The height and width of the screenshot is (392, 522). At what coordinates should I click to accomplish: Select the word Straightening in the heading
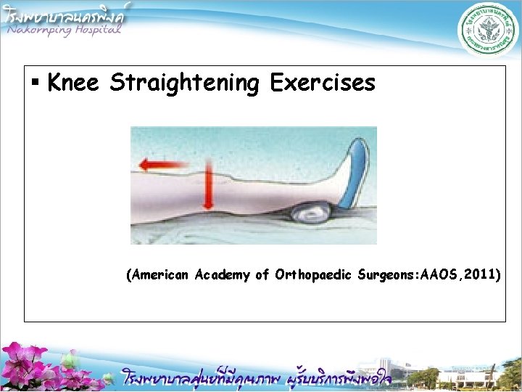(x=184, y=83)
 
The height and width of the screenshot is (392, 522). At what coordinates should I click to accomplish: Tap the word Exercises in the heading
(x=323, y=83)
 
